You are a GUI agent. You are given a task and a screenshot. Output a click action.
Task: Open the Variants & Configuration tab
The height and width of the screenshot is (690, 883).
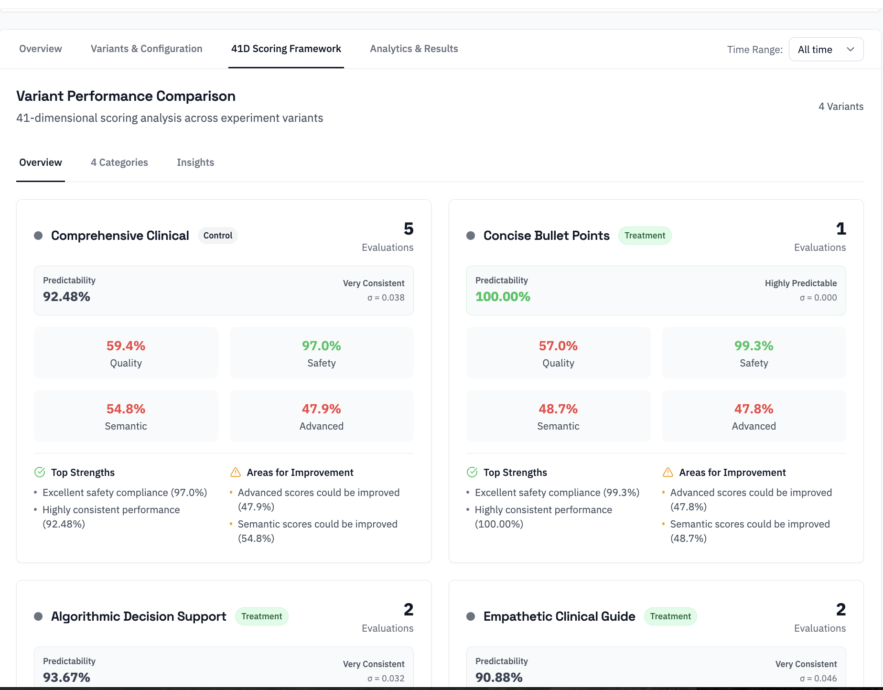point(146,49)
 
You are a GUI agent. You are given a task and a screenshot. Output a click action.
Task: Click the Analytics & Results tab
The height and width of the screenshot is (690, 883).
point(414,49)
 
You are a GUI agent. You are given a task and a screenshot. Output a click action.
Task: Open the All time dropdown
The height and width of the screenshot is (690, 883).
point(826,49)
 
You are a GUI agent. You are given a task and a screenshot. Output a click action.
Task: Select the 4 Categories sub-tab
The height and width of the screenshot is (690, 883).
point(119,162)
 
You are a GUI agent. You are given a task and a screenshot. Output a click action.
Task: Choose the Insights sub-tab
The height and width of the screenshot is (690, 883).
point(195,162)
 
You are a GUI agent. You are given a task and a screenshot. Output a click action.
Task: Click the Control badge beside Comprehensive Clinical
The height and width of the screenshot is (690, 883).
point(217,236)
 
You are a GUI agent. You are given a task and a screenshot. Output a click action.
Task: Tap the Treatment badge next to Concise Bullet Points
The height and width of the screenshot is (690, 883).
point(645,236)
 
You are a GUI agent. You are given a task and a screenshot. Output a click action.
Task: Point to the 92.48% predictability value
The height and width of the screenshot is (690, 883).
point(66,297)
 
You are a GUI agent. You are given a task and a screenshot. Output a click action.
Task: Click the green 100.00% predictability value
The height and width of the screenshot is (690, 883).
point(503,297)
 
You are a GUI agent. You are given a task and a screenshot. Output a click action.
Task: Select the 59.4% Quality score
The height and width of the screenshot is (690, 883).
point(126,346)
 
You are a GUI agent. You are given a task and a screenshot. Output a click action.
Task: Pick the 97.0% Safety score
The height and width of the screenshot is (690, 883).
point(321,346)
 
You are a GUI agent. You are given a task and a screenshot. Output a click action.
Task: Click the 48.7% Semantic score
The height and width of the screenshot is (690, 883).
point(558,409)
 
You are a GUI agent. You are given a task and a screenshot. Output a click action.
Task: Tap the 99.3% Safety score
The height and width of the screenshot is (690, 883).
point(754,346)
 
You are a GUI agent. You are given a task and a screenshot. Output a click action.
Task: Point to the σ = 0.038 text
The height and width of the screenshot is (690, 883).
point(386,298)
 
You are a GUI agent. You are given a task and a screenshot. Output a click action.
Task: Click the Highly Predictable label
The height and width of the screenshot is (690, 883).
point(800,283)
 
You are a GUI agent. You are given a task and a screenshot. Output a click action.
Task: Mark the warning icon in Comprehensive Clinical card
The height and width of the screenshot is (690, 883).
point(236,473)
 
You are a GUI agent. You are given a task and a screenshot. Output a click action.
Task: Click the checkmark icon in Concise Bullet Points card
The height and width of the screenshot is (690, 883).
point(472,473)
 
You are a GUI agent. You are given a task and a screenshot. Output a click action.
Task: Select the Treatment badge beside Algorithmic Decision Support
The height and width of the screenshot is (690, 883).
point(261,616)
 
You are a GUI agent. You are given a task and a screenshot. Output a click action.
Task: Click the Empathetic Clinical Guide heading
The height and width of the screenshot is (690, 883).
point(559,616)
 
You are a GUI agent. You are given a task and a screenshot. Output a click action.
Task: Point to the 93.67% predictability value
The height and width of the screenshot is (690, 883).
point(66,678)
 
